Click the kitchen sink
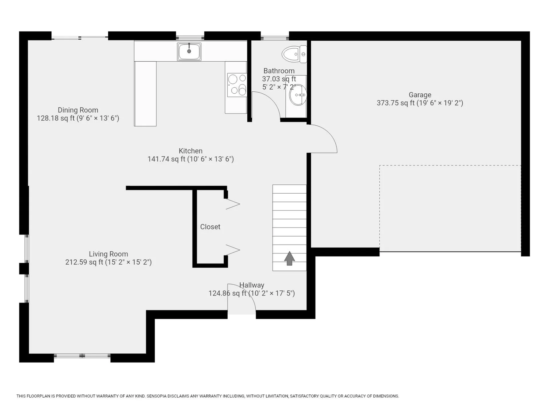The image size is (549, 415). point(189,52)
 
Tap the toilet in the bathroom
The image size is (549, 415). point(294,54)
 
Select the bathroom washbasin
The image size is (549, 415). point(298,95)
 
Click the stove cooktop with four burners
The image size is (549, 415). point(237,85)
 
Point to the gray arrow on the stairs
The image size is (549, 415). point(289,258)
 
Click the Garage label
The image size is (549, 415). point(420,95)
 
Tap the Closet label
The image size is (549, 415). point(210,227)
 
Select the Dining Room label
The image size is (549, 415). point(78,110)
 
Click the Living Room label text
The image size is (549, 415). point(108,254)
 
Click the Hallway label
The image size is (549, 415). point(252,285)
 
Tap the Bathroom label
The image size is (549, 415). point(279,71)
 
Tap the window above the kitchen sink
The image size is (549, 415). point(190,38)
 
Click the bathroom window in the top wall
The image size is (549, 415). point(275,38)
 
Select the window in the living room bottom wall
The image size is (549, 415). point(82,356)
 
